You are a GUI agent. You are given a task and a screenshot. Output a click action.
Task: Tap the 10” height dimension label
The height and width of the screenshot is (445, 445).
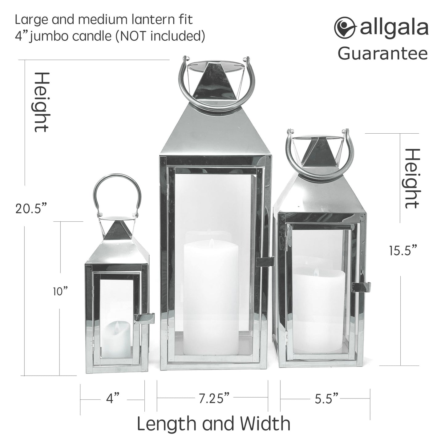(60, 292)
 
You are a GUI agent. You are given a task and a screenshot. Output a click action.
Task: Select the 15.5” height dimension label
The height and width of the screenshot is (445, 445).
(403, 251)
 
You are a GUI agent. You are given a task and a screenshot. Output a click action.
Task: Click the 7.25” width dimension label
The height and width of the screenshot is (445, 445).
(214, 398)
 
